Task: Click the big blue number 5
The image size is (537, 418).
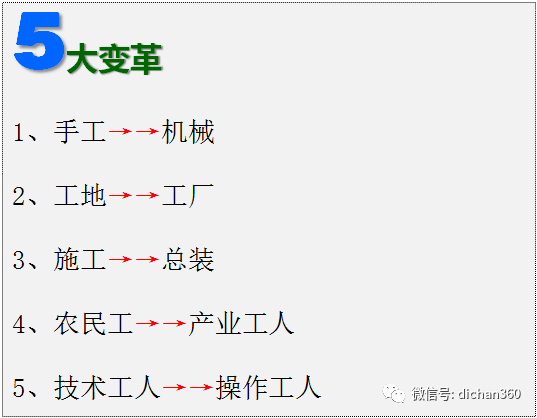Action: click(39, 41)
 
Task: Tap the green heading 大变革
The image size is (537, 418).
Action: click(114, 59)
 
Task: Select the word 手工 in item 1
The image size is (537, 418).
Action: click(79, 131)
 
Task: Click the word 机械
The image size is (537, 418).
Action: click(188, 131)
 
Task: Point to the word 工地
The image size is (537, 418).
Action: click(79, 195)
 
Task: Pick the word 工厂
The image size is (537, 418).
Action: click(188, 195)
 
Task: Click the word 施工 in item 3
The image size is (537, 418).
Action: click(79, 259)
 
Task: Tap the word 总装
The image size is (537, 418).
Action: click(188, 259)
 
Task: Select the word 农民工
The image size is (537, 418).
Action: click(93, 324)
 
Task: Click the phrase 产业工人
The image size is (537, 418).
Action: click(241, 324)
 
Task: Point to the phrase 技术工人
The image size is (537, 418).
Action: click(107, 388)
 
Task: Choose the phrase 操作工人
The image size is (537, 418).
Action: click(268, 388)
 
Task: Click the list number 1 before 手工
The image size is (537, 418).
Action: click(18, 132)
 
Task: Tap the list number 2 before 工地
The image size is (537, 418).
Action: click(18, 196)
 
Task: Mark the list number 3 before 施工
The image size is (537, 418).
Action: click(18, 260)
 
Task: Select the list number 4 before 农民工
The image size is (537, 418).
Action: click(18, 324)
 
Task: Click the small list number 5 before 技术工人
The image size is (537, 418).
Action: click(18, 388)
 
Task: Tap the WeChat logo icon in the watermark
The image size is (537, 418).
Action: click(394, 394)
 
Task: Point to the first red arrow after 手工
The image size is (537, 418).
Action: click(120, 131)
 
